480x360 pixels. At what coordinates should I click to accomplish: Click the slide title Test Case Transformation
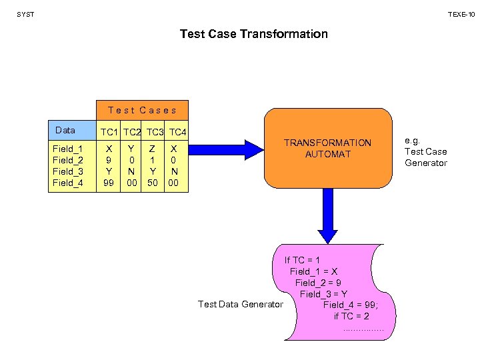(x=253, y=33)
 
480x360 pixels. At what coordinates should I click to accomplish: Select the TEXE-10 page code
(x=461, y=14)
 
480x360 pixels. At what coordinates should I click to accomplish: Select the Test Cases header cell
(x=142, y=110)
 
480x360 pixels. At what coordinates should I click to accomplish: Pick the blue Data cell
(x=71, y=130)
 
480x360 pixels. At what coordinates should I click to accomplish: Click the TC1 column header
(x=109, y=131)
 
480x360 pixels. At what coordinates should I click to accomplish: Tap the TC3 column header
(x=156, y=131)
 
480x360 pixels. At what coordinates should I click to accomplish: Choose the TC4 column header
(x=178, y=131)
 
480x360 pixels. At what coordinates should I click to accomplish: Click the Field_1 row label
(x=68, y=149)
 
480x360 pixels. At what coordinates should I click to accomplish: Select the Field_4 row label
(x=68, y=183)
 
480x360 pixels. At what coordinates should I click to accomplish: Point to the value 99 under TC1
(x=109, y=183)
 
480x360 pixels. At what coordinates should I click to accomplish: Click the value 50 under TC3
(x=153, y=183)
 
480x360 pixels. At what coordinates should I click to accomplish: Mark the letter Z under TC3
(x=153, y=149)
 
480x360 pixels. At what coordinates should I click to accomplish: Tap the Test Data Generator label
(x=241, y=305)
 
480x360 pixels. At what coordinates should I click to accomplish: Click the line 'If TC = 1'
(x=302, y=260)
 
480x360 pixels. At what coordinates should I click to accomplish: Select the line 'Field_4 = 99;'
(x=351, y=305)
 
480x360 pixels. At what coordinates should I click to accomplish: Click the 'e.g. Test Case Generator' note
(x=426, y=151)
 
